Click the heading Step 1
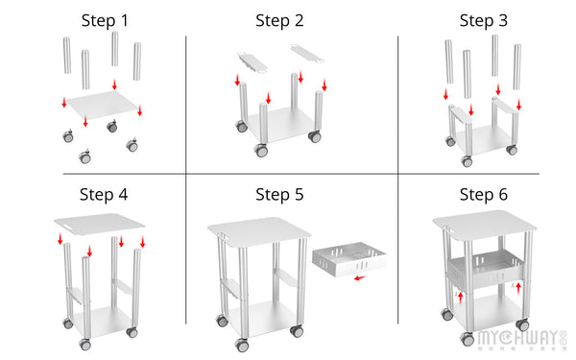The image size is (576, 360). (105, 20)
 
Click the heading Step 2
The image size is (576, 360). (279, 20)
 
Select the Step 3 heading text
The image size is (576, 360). (484, 20)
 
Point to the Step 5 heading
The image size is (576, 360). (279, 195)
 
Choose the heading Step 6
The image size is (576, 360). (484, 195)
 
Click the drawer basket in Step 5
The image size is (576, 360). (347, 260)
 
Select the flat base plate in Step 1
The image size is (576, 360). (100, 108)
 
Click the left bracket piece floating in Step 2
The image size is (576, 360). (252, 61)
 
